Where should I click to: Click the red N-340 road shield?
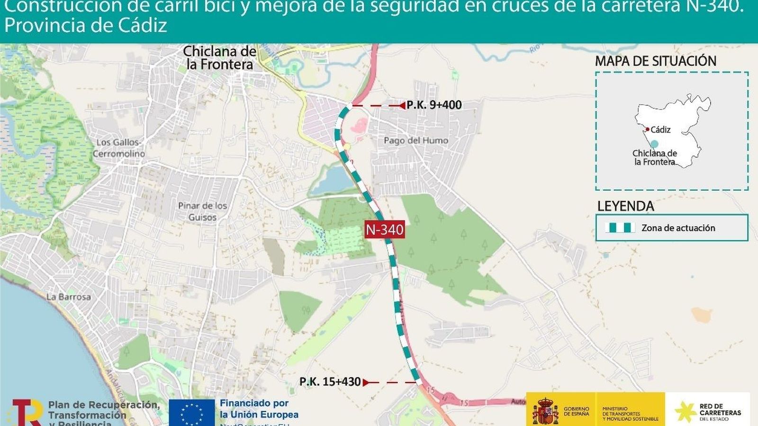pos(385,230)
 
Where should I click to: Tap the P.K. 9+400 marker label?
pos(434,105)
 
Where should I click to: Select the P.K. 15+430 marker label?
pos(330,382)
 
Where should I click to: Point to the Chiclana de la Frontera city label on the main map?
pos(219,58)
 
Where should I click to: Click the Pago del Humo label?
pos(416,140)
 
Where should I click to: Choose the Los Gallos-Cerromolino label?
pos(119,148)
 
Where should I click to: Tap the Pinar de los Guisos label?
pos(203,212)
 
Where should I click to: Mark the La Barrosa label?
pos(69,297)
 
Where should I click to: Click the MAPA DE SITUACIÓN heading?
pos(656,61)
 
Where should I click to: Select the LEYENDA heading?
pos(625,206)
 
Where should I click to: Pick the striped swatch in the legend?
pos(620,228)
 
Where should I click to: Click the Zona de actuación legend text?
pos(678,228)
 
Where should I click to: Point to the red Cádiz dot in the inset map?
pos(647,129)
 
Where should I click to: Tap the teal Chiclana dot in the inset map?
pos(654,144)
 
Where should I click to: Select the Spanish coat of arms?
pos(545,411)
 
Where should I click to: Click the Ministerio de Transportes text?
pos(630,413)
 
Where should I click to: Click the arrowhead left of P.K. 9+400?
pos(402,106)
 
